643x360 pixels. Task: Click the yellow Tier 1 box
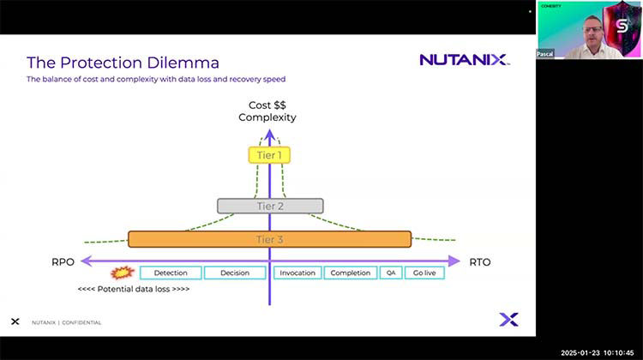[269, 155]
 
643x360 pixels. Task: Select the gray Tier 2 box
[269, 206]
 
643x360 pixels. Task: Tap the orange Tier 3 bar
[269, 239]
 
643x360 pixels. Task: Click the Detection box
[171, 273]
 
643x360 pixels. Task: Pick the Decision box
[234, 273]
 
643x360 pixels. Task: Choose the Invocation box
[297, 273]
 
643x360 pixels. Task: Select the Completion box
[351, 273]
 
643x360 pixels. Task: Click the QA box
[390, 273]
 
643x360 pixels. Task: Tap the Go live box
[424, 273]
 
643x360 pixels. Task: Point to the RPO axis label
[63, 261]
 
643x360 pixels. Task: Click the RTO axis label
[480, 261]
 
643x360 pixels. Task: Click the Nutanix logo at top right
[464, 60]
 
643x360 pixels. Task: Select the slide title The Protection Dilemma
[123, 63]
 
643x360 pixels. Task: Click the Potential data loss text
[133, 289]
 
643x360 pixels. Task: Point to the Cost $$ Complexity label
[269, 111]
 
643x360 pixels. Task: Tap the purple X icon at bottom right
[508, 320]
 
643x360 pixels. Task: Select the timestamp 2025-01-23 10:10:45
[598, 352]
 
